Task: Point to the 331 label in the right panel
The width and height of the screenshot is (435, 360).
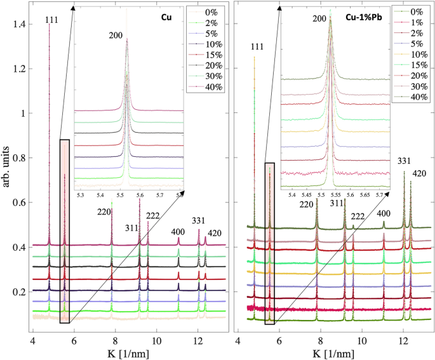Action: point(405,162)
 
